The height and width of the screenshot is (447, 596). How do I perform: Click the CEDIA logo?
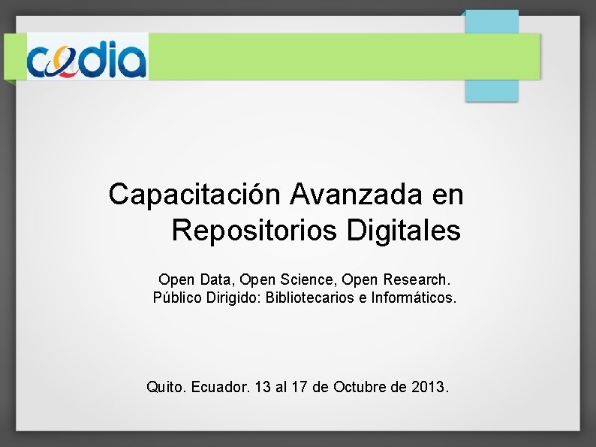point(87,56)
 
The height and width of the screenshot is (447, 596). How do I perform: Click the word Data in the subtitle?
point(218,279)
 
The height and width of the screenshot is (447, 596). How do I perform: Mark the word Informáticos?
point(412,297)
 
